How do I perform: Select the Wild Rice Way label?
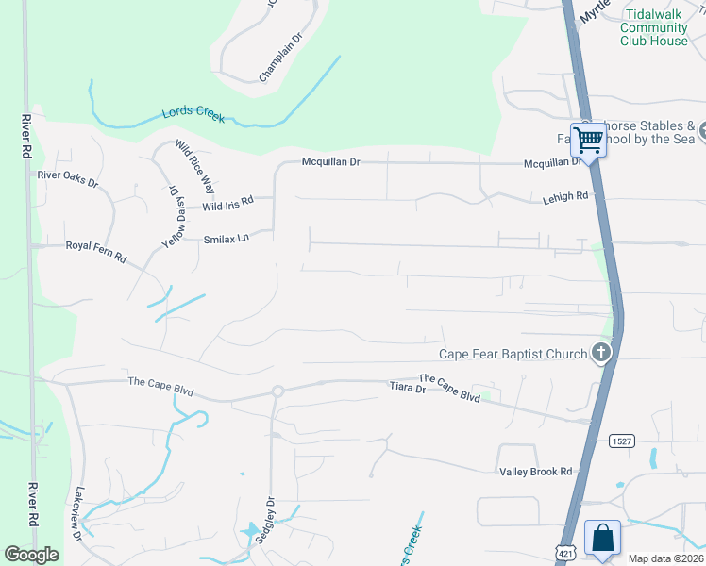coord(195,166)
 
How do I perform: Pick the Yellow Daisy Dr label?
coord(175,216)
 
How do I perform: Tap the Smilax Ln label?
coord(226,240)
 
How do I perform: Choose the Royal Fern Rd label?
coord(95,245)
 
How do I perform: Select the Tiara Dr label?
coord(408,388)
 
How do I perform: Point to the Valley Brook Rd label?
coord(535,471)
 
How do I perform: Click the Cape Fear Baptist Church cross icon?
coord(600,354)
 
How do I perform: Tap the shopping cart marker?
coord(589,140)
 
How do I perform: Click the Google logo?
coord(32,555)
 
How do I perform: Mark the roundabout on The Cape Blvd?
coord(277,391)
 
